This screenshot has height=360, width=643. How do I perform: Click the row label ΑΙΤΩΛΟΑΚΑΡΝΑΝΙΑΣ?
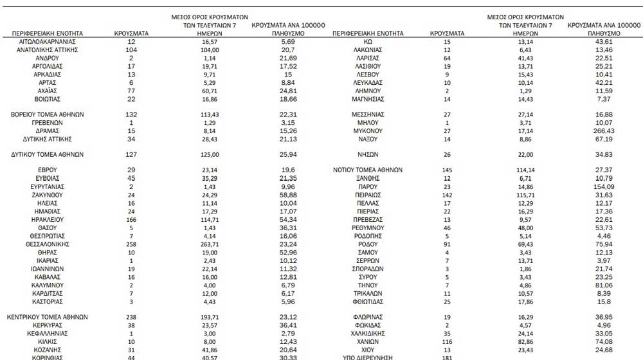pos(48,41)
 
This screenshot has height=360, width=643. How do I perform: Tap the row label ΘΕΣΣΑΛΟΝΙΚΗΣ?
pos(48,244)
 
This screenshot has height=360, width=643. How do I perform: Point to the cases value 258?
pos(131,244)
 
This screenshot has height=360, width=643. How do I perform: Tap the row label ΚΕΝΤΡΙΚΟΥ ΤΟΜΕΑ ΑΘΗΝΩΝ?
pos(48,317)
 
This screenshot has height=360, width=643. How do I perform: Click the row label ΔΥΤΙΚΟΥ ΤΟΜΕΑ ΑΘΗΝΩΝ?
pos(48,155)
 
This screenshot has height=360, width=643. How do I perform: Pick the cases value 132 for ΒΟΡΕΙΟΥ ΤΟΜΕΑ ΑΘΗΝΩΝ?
pos(131,114)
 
